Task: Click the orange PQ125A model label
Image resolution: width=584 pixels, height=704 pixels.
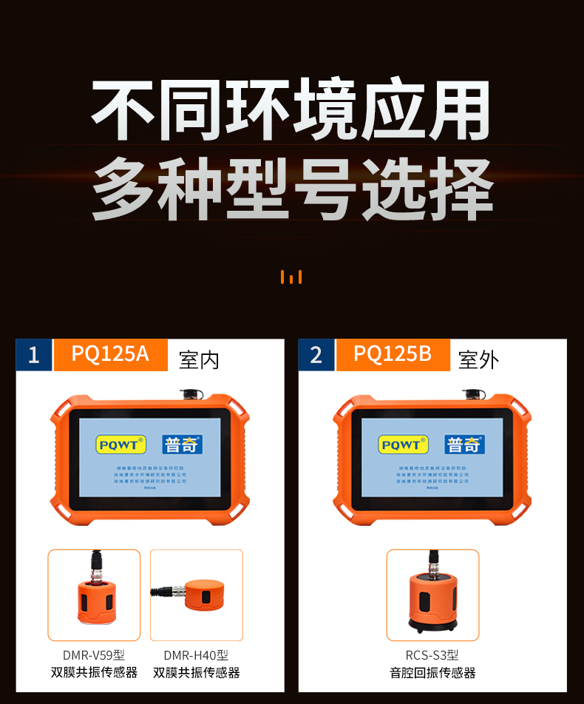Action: [x=110, y=354]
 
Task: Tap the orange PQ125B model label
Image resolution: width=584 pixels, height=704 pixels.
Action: [x=393, y=354]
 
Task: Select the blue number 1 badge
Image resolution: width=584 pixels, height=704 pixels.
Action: [x=33, y=355]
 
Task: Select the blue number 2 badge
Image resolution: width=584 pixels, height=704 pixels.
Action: [x=316, y=355]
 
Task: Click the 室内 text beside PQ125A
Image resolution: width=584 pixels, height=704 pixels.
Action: [x=199, y=360]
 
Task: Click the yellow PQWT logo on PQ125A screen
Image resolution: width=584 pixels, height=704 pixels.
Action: [x=121, y=444]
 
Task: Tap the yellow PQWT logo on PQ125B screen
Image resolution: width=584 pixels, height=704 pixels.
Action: [x=404, y=444]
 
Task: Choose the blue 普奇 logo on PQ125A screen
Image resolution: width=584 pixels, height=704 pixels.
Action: [x=181, y=444]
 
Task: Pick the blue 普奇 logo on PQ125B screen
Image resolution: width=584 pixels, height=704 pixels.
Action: [x=464, y=444]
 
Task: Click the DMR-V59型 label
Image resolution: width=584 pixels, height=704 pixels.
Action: [x=94, y=654]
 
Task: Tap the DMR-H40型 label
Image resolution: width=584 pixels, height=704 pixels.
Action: [x=196, y=654]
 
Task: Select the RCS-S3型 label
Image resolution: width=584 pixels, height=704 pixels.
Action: [x=432, y=654]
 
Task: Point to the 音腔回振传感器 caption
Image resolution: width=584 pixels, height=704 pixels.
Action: [x=432, y=672]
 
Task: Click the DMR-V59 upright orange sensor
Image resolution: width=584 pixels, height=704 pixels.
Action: [x=94, y=599]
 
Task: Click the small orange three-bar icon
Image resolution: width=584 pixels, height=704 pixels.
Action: [x=291, y=277]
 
